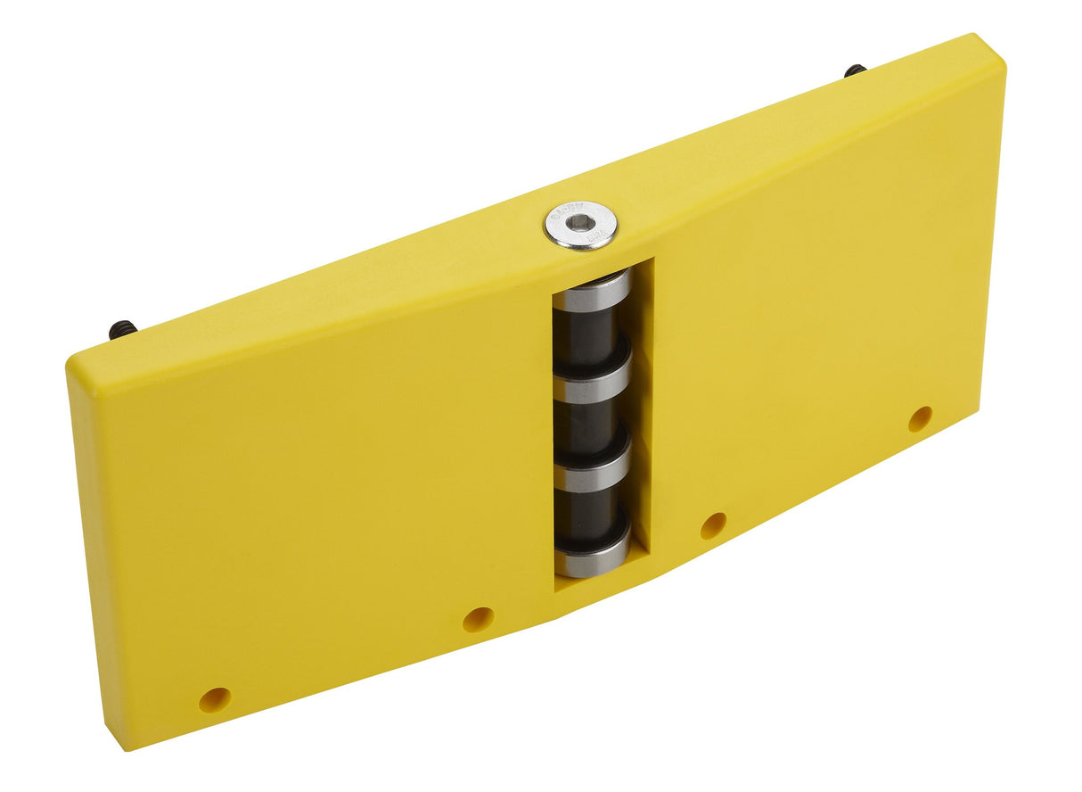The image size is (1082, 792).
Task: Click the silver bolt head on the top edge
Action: pyautogui.click(x=581, y=225)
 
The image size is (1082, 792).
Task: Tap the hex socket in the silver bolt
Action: pyautogui.click(x=581, y=223)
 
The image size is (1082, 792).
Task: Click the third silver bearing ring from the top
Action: pyautogui.click(x=592, y=474)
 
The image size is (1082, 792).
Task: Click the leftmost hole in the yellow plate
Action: pyautogui.click(x=214, y=699)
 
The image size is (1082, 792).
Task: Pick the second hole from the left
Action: pyautogui.click(x=478, y=619)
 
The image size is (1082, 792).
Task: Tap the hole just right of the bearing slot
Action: pyautogui.click(x=713, y=525)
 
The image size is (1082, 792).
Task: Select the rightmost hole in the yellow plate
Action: pyautogui.click(x=920, y=418)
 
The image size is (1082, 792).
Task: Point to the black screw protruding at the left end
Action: pyautogui.click(x=122, y=330)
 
